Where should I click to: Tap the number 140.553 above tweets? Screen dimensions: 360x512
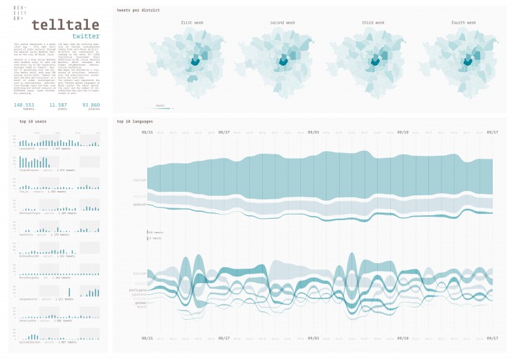25,105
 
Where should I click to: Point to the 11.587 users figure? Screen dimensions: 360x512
58,105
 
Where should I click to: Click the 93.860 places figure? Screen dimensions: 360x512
91,105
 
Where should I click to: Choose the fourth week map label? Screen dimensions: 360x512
462,23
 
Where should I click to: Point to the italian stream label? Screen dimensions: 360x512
140,180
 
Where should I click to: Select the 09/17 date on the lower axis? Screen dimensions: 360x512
492,338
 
